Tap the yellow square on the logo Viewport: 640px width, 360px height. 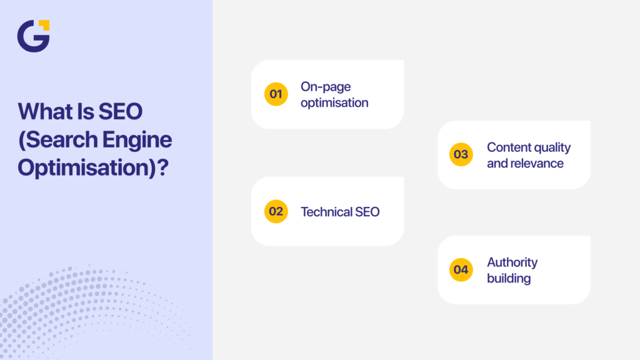[44, 25]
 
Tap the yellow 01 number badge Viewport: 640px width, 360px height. [276, 94]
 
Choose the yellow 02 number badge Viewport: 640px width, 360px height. [276, 211]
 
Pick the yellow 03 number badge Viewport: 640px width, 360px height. [461, 154]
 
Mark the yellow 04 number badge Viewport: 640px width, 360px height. [461, 270]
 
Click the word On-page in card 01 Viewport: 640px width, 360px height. [326, 86]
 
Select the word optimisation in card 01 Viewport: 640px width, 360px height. [334, 102]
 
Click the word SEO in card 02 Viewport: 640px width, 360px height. [367, 212]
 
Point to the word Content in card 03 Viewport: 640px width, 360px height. [507, 147]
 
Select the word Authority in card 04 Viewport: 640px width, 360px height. [512, 262]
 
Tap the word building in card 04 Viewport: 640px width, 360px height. [509, 279]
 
